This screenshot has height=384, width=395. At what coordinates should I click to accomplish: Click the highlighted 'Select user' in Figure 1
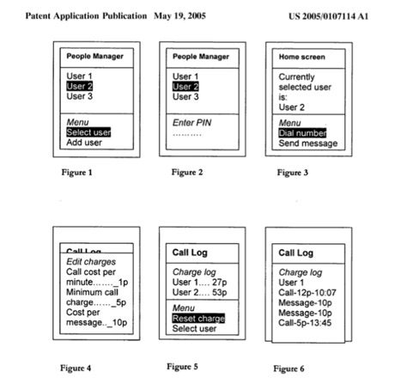tap(88, 132)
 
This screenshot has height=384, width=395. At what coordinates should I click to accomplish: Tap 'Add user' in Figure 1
tap(84, 143)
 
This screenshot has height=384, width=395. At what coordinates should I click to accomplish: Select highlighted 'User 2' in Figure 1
tap(80, 86)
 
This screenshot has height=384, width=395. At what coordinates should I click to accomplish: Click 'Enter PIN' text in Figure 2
tap(191, 123)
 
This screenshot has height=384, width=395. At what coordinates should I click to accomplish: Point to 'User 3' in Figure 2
tap(185, 97)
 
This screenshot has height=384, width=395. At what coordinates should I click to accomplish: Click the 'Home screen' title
tap(302, 57)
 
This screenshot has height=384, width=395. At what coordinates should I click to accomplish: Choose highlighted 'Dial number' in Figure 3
tap(302, 133)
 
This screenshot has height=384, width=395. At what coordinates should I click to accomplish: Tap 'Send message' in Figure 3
tap(308, 143)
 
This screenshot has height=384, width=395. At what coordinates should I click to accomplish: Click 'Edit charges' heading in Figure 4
tap(91, 262)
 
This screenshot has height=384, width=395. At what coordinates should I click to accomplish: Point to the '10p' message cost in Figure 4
tap(120, 322)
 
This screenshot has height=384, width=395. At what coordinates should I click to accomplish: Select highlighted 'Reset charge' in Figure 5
tap(198, 319)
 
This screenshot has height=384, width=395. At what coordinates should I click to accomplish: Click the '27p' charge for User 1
tap(220, 282)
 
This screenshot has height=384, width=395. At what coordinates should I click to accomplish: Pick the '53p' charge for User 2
tap(220, 292)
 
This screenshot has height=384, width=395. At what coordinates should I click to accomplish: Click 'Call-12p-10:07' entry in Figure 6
tap(307, 293)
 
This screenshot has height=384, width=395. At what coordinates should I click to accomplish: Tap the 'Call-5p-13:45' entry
tap(305, 323)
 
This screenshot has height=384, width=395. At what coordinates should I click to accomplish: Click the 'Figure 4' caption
tap(76, 368)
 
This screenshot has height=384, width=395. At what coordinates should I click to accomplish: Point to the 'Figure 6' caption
tap(289, 369)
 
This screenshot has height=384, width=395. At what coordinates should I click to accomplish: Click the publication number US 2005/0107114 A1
tap(328, 16)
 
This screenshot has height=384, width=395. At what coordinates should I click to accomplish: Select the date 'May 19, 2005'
tap(179, 15)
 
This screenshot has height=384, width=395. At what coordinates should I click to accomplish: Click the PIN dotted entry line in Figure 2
tap(187, 134)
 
